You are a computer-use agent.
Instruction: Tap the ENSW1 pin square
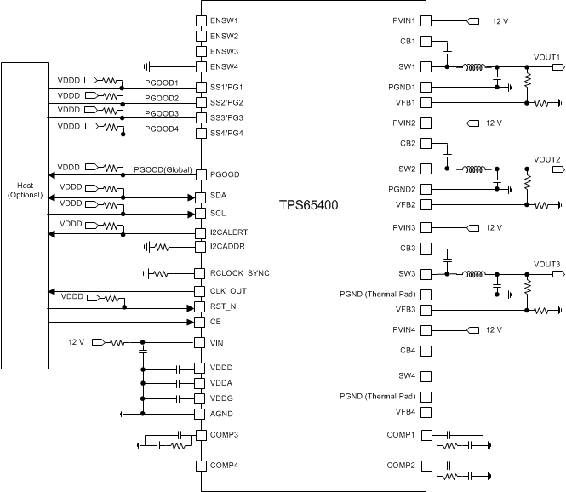201,20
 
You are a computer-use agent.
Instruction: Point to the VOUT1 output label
546,57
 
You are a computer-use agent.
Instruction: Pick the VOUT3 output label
546,264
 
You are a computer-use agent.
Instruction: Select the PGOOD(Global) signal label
162,168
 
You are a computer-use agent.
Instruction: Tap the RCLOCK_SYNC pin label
240,273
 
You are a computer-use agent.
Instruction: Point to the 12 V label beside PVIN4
494,329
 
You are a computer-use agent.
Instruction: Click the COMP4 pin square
201,465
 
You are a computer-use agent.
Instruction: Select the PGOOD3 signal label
161,113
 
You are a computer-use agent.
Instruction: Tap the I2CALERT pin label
230,232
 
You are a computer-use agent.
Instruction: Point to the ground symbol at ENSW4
149,66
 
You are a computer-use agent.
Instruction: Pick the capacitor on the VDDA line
178,384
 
